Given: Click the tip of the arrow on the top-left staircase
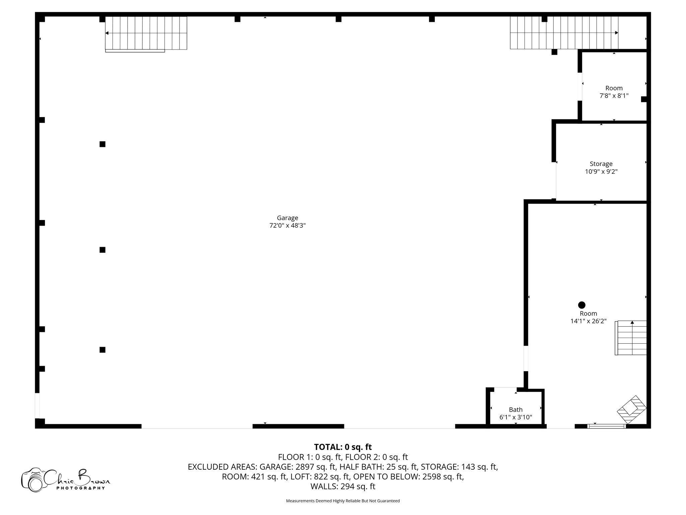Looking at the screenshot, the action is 106,33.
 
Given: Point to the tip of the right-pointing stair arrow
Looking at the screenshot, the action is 618,33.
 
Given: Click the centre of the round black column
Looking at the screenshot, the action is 582,305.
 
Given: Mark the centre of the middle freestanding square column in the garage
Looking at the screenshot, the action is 102,250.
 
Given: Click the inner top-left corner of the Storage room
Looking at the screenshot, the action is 556,124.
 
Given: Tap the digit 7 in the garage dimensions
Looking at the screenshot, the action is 271,226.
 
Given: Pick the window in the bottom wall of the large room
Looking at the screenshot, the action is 607,426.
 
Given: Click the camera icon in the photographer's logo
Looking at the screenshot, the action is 33,479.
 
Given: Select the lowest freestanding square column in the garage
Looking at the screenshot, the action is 102,350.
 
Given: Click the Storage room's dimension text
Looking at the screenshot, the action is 601,172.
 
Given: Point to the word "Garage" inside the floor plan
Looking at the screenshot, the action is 287,218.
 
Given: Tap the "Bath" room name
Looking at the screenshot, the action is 516,409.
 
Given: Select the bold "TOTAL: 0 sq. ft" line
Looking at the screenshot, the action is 343,447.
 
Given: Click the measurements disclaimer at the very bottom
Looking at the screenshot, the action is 343,501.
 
